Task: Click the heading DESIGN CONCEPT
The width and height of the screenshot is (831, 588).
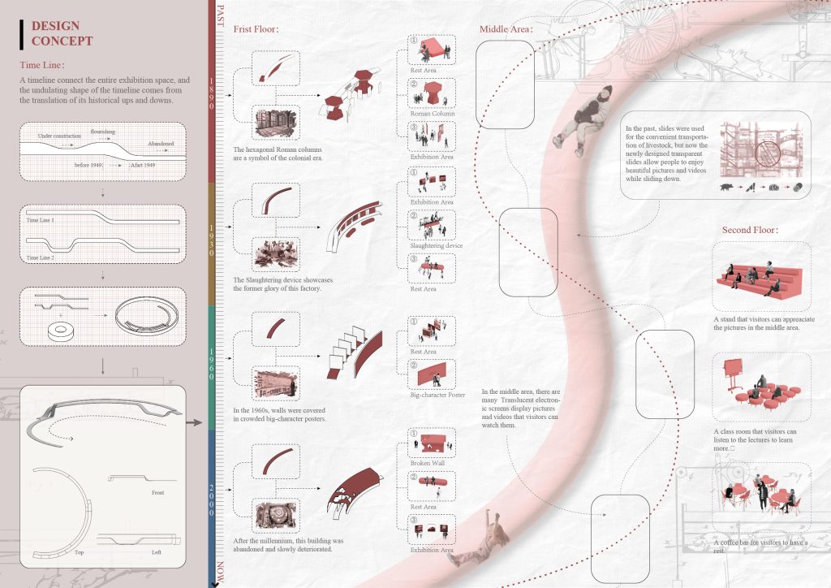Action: [x=62, y=33]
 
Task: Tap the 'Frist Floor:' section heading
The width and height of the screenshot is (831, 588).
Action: [x=256, y=29]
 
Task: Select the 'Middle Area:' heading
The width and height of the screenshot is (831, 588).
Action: [x=506, y=29]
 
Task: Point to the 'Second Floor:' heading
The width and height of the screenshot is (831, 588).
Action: [x=750, y=230]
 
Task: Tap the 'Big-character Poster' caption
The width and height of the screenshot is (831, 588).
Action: [x=437, y=395]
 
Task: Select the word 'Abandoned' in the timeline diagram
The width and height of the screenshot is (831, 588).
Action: [x=160, y=144]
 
